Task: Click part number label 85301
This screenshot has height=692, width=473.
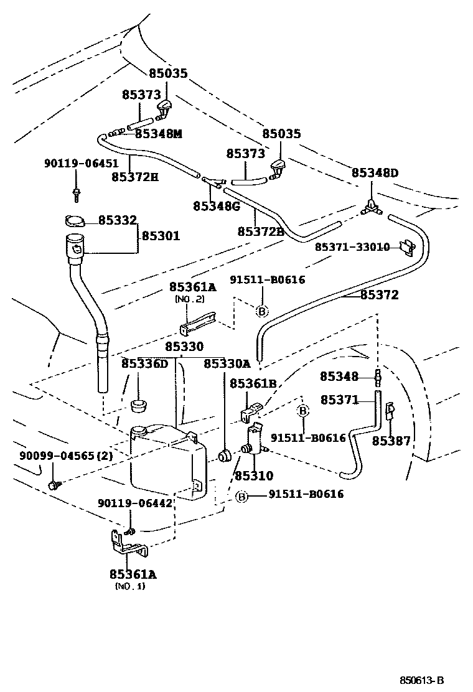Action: tap(161, 236)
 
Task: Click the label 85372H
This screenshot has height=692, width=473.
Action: tap(135, 177)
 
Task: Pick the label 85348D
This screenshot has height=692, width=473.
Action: tap(375, 172)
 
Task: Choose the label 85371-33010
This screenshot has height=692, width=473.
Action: tap(352, 247)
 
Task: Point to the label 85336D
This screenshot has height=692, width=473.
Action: tap(144, 363)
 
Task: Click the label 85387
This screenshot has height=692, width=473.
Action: tap(391, 441)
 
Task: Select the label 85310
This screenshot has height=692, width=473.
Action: tap(253, 476)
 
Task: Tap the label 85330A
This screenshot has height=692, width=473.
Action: tap(227, 363)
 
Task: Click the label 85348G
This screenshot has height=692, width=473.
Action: tap(216, 206)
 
